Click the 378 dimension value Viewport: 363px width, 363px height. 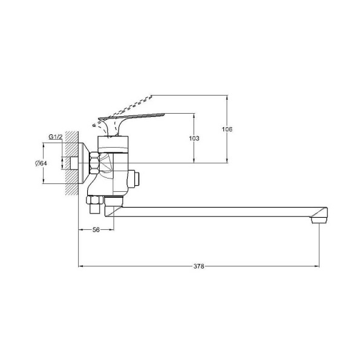(199, 266)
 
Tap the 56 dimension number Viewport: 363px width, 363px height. (96, 230)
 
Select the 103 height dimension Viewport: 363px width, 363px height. (194, 138)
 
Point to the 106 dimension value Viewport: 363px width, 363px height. (227, 129)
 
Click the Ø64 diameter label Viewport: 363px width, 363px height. (41, 163)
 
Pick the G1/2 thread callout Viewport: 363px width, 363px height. (56, 137)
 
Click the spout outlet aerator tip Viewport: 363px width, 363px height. (319, 220)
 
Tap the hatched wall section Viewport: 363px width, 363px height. (72, 163)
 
